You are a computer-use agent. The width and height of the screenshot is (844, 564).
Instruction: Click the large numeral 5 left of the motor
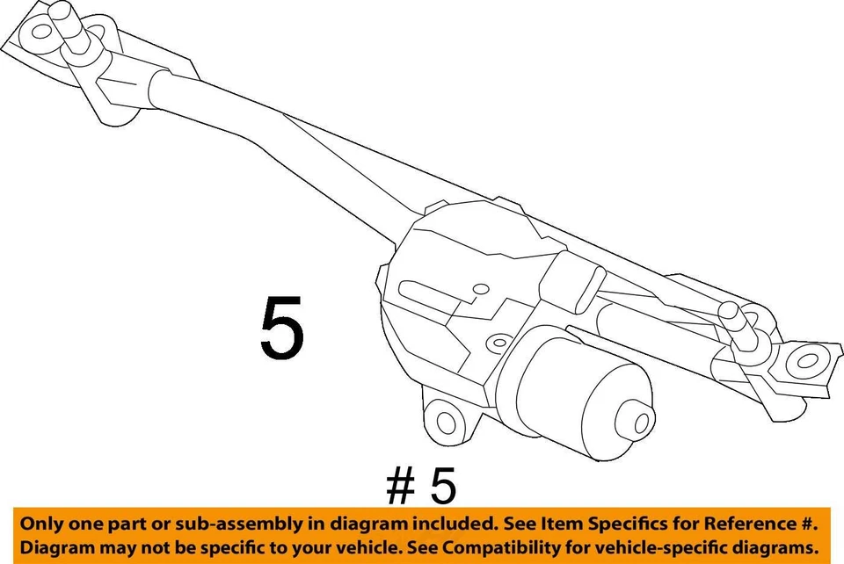click(x=281, y=328)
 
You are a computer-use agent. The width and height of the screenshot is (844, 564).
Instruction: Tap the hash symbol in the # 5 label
click(x=400, y=485)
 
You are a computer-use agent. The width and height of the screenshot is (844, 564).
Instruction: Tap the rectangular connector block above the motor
click(x=571, y=282)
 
